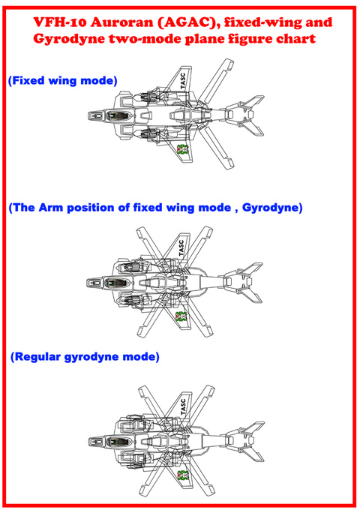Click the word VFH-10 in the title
(60, 22)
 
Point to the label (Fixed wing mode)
(62, 81)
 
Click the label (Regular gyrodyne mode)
(85, 357)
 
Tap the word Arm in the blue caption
(51, 208)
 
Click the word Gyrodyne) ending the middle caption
(272, 208)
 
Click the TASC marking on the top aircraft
(183, 81)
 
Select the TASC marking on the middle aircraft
(181, 247)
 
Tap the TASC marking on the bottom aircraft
(183, 406)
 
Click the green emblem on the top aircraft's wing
(182, 149)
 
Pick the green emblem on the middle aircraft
(181, 316)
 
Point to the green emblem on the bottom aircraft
(183, 475)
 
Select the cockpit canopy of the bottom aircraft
(120, 442)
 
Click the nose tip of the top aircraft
(88, 115)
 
